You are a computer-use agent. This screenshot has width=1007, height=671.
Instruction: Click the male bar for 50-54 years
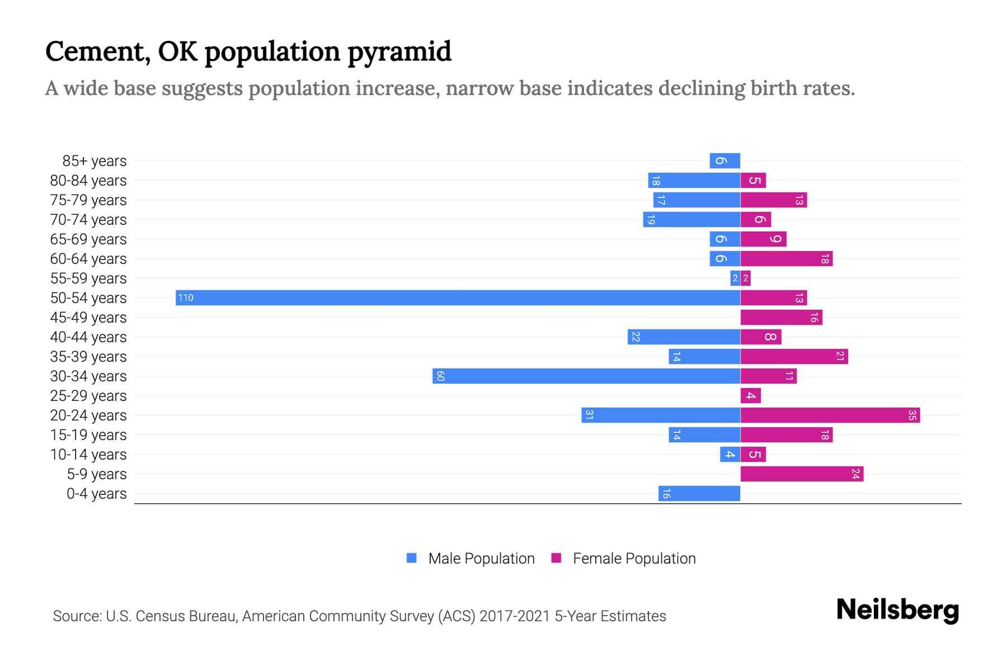[x=458, y=297]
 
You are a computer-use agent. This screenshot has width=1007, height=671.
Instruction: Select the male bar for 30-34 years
[x=586, y=376]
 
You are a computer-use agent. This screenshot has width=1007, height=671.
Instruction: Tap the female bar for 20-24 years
[x=830, y=415]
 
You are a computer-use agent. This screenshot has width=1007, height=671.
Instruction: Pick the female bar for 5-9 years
[x=802, y=474]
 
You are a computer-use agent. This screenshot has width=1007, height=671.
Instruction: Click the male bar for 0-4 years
[x=699, y=493]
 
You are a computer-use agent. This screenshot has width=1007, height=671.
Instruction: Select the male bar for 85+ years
[x=725, y=160]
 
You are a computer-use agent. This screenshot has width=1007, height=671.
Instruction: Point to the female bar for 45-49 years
[x=781, y=317]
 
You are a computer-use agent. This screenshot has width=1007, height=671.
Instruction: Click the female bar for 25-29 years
[x=750, y=395]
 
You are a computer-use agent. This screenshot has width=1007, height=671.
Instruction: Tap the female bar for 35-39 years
[x=794, y=356]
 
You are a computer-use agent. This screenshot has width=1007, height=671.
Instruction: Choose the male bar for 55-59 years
[x=735, y=278]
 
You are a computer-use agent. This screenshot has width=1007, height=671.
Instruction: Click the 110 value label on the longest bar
[x=186, y=297]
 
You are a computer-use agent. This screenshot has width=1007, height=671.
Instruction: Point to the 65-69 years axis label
[x=88, y=239]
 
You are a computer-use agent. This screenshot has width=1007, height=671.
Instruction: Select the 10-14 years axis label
[x=88, y=455]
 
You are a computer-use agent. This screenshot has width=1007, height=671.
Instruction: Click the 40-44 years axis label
[x=88, y=337]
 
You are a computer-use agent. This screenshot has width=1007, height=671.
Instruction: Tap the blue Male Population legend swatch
[x=412, y=558]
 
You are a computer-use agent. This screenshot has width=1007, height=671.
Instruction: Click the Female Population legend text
[x=634, y=559]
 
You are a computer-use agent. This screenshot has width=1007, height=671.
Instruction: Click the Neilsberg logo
[x=897, y=610]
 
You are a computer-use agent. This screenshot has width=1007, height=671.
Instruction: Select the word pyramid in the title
[x=399, y=52]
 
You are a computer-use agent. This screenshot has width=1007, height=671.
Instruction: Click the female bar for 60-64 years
[x=786, y=258]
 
